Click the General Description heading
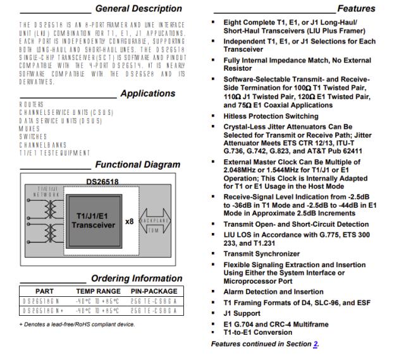(138, 9)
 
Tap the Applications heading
(147, 93)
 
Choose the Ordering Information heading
(136, 279)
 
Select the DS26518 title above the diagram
(102, 181)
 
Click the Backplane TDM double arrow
(154, 221)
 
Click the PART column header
(45, 291)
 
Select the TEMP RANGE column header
(97, 291)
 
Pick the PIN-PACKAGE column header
(154, 291)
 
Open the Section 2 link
(315, 344)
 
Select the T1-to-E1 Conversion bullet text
(260, 332)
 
